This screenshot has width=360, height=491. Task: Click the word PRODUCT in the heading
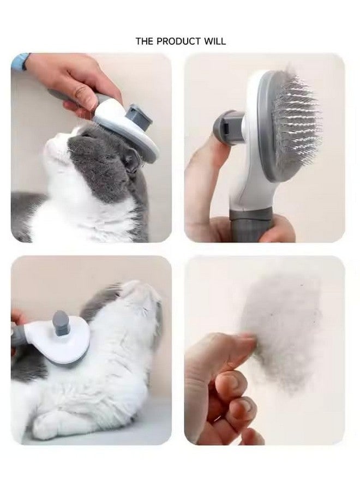pyautogui.click(x=179, y=41)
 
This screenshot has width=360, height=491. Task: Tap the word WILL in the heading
pyautogui.click(x=216, y=41)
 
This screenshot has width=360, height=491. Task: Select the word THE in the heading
pyautogui.click(x=144, y=41)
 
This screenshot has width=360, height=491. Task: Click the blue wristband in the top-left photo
pyautogui.click(x=20, y=61)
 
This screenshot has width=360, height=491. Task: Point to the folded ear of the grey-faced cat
pyautogui.click(x=130, y=160)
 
